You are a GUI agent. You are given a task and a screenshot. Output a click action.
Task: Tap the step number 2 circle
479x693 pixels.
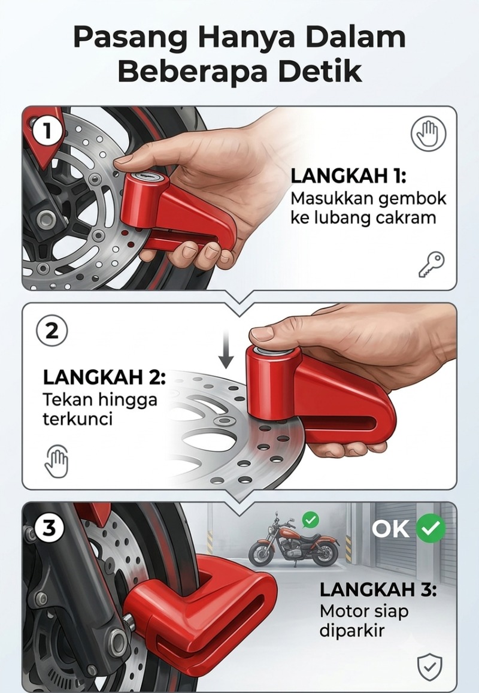[51, 331]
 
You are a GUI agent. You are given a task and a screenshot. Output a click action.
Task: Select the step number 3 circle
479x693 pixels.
[49, 527]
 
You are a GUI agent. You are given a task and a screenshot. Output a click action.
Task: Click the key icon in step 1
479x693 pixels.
[431, 264]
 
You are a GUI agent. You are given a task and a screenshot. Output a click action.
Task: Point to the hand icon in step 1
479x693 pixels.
[428, 134]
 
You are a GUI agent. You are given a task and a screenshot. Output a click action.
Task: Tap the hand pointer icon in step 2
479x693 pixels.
[57, 461]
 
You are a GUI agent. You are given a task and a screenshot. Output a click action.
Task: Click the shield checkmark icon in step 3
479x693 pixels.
[429, 667]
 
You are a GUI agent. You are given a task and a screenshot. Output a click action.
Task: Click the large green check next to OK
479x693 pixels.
[431, 528]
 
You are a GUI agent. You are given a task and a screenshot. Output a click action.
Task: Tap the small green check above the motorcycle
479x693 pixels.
[311, 520]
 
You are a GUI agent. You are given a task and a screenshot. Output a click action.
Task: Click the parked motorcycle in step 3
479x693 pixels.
[293, 543]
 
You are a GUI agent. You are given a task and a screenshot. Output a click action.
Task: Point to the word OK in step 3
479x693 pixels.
[390, 529]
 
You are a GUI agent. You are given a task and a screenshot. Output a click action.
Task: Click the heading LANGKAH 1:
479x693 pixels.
[348, 176]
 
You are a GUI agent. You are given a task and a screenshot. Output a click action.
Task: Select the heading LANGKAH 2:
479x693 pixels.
[104, 377]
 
